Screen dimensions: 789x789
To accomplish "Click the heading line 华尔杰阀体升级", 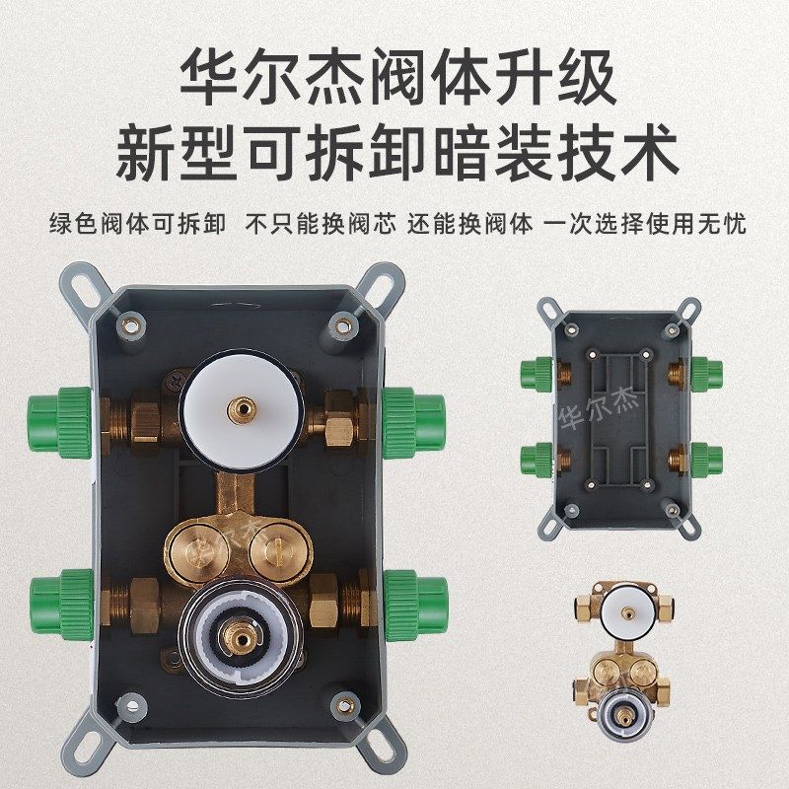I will (394, 77).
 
